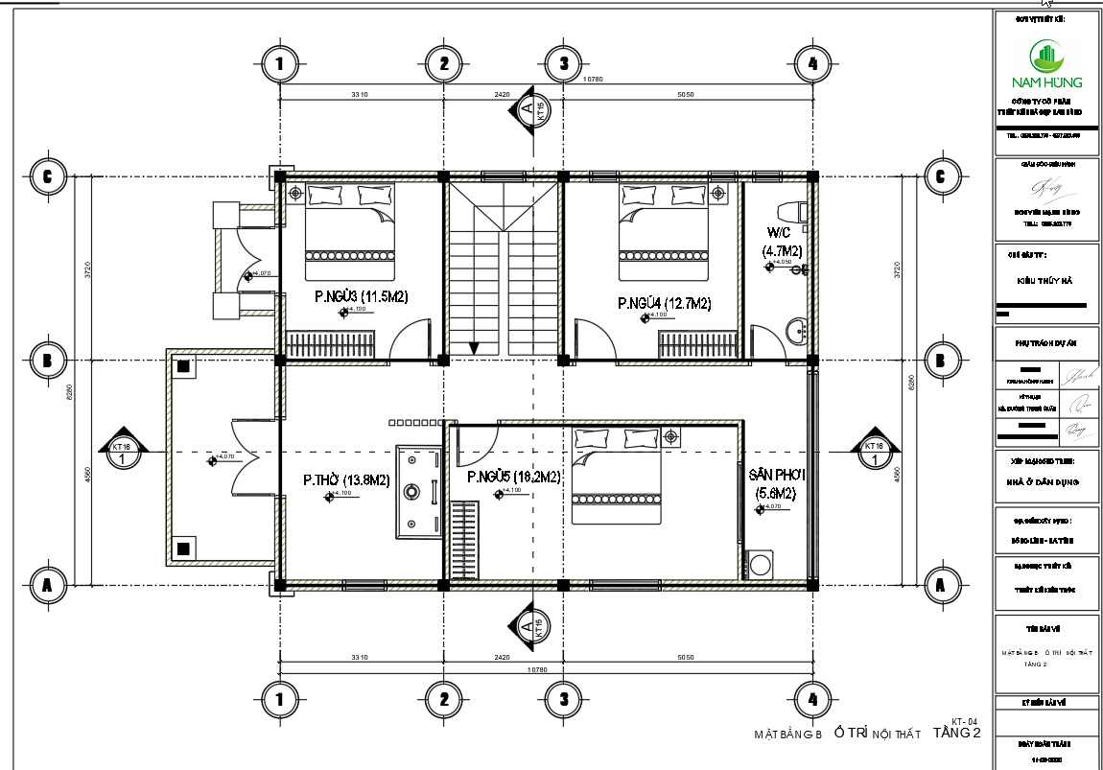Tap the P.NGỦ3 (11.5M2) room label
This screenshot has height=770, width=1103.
coord(362,297)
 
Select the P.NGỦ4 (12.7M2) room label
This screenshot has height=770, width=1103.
coord(664,304)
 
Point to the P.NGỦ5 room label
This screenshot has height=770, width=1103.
coord(513,477)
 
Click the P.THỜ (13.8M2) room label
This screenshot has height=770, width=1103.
coord(346,479)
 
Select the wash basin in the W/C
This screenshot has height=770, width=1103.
coord(795,333)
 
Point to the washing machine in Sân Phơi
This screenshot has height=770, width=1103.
coord(759,564)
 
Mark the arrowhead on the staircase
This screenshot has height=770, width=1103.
coord(472,346)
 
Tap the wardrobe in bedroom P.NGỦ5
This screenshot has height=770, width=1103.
coord(464,540)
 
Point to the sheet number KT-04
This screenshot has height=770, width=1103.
coord(964,721)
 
